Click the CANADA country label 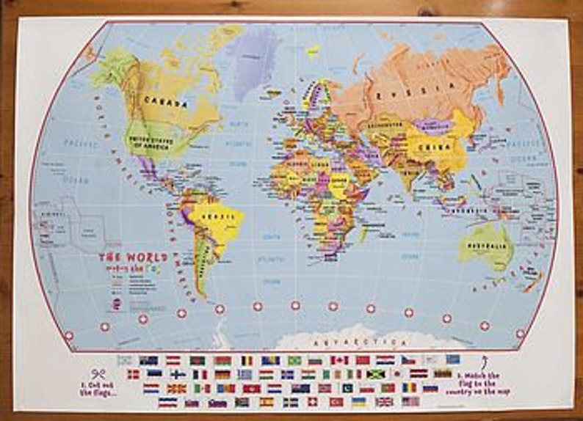[164, 101]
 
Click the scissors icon [99, 373]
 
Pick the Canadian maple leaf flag [338, 360]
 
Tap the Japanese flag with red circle [396, 374]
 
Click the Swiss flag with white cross [313, 402]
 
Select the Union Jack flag [384, 402]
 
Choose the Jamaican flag [376, 374]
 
